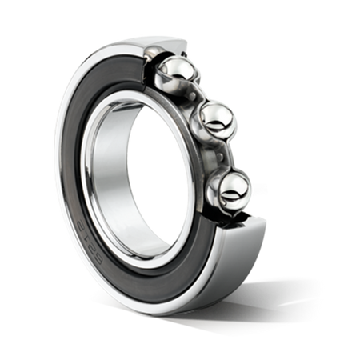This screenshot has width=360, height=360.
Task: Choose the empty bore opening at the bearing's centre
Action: (x=140, y=172)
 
